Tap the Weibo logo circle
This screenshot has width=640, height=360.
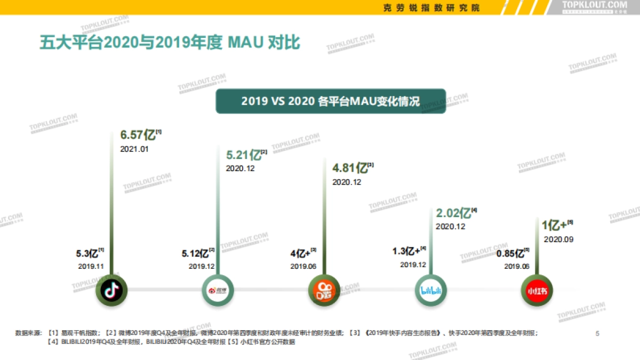pyautogui.click(x=218, y=291)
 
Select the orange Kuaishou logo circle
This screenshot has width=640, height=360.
pyautogui.click(x=324, y=291)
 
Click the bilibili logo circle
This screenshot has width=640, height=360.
pyautogui.click(x=430, y=291)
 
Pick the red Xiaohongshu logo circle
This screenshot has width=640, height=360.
pyautogui.click(x=535, y=291)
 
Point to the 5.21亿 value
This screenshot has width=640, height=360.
pyautogui.click(x=243, y=155)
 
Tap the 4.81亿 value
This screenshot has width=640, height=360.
pyautogui.click(x=350, y=169)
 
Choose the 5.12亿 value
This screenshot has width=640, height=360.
pyautogui.click(x=195, y=253)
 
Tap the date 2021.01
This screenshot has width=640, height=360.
pyautogui.click(x=134, y=149)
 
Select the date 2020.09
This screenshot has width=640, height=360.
pyautogui.click(x=558, y=239)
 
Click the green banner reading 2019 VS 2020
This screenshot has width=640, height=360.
pyautogui.click(x=330, y=101)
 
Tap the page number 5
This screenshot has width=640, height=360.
pyautogui.click(x=597, y=334)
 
